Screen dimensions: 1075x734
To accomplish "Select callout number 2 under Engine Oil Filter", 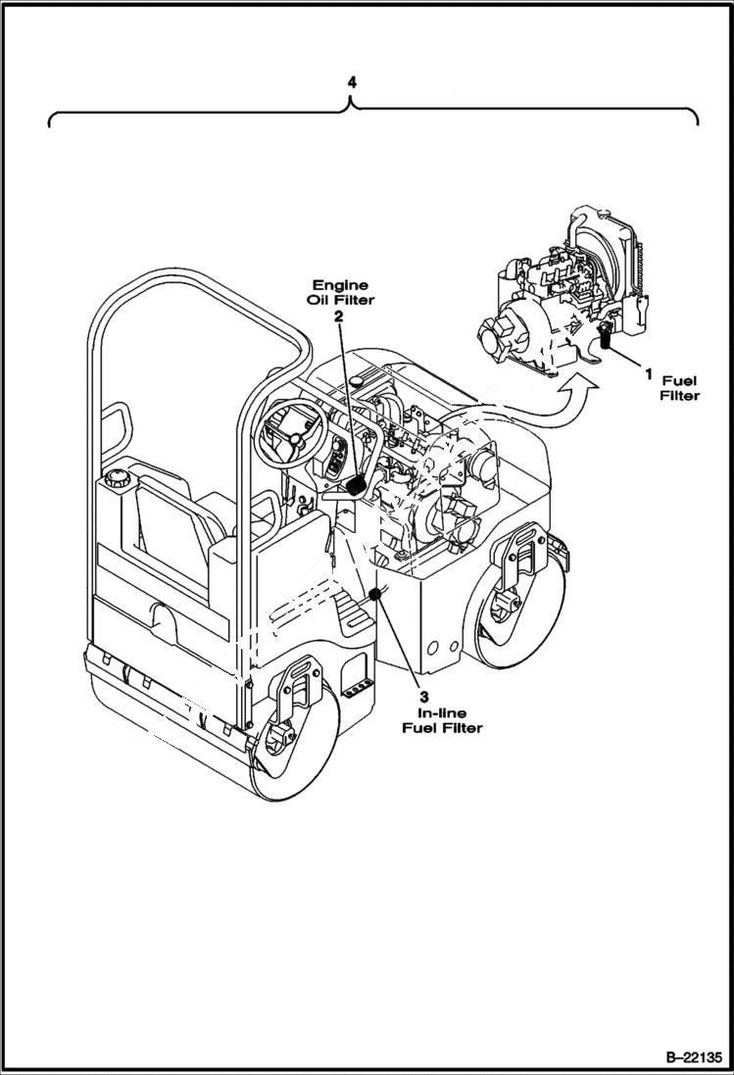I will [x=338, y=317].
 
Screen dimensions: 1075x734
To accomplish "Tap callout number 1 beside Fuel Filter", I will [x=648, y=373].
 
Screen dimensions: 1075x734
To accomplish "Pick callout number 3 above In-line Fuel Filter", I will [x=424, y=697].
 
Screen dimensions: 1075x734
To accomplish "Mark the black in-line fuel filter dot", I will [x=374, y=594].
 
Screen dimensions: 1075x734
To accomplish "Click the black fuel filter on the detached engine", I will [x=605, y=339].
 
